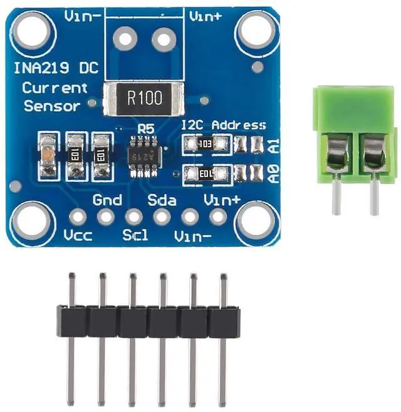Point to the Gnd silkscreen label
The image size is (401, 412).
(x=107, y=200)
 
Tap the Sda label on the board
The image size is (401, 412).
(x=162, y=200)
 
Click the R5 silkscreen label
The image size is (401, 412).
(x=147, y=128)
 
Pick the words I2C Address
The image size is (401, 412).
(x=223, y=125)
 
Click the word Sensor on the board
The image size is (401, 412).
(x=53, y=106)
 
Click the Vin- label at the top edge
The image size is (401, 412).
(x=81, y=15)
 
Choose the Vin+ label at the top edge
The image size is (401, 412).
(x=206, y=15)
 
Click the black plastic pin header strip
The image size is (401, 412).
(x=148, y=321)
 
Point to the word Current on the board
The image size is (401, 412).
(x=55, y=87)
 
